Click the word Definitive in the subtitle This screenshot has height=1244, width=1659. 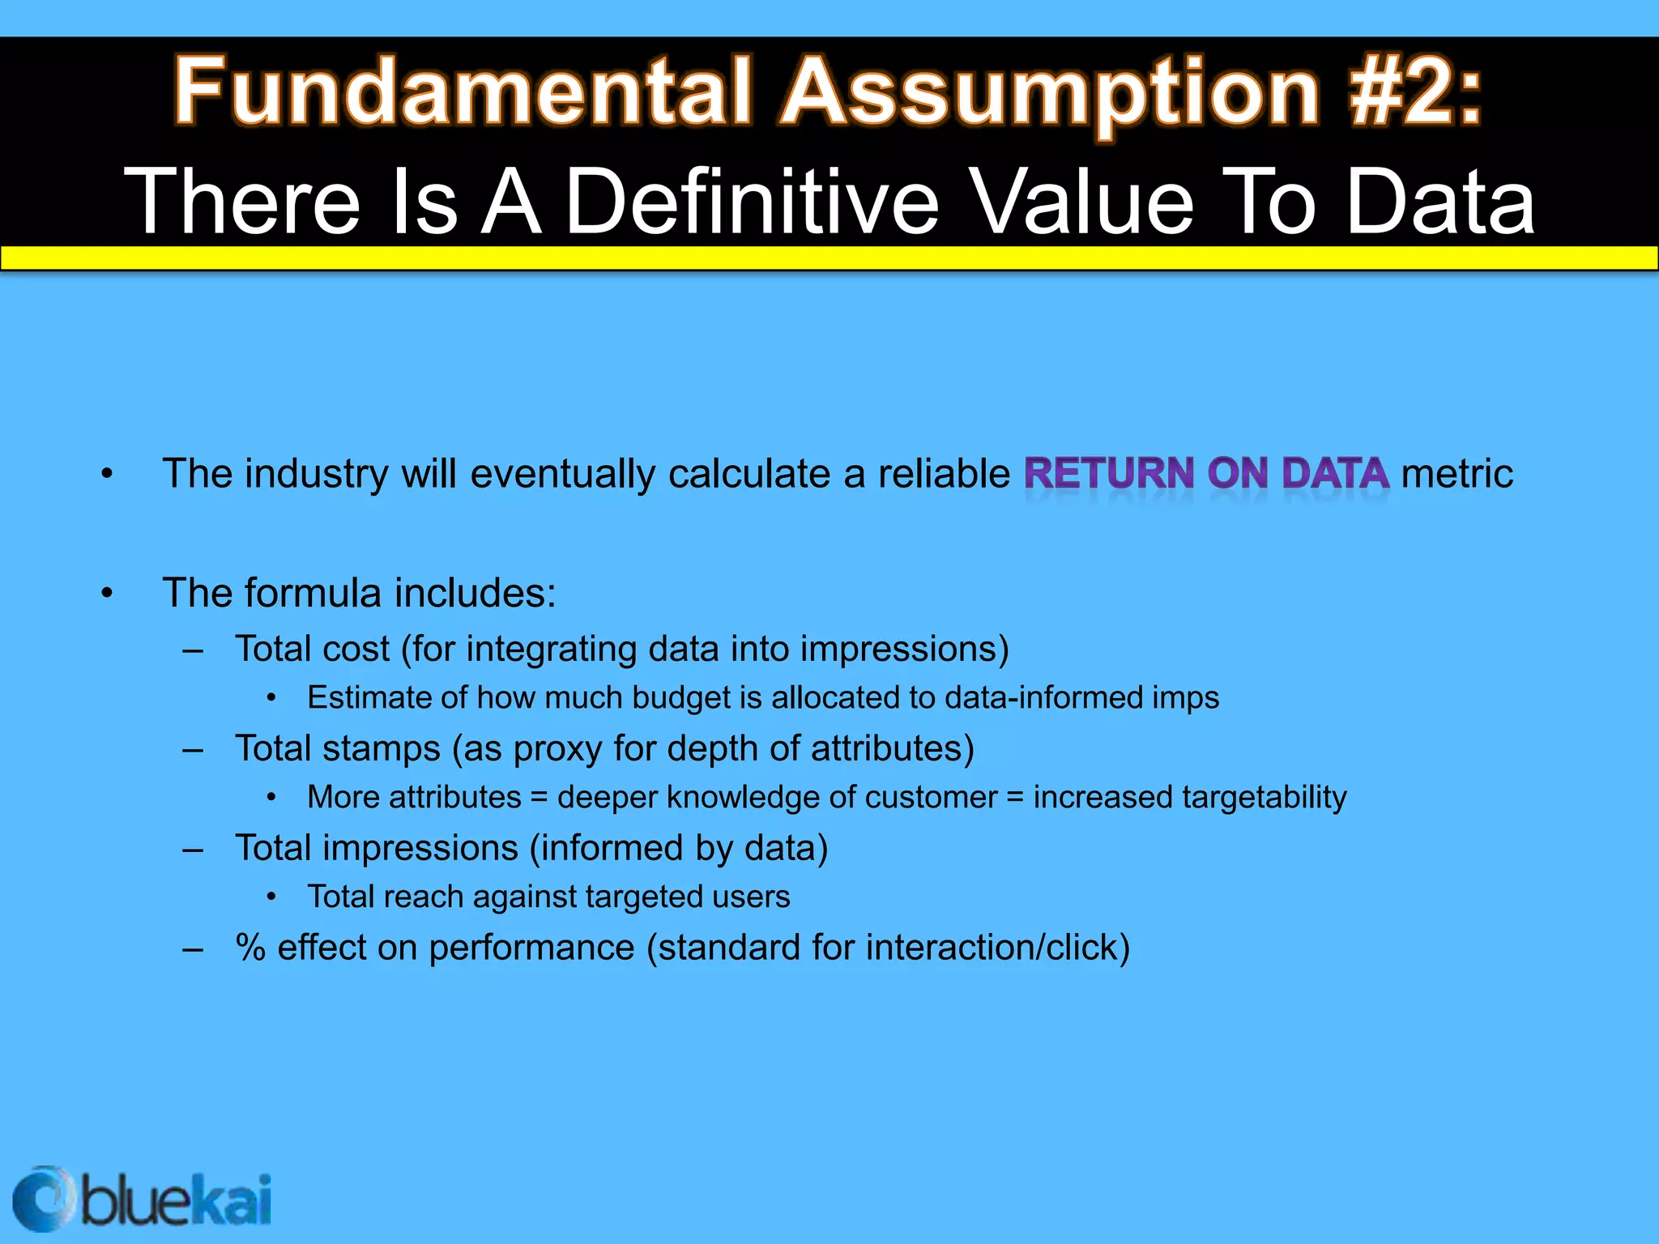click(752, 201)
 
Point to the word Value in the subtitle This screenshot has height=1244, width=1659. click(1081, 201)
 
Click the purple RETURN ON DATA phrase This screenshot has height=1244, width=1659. click(1206, 474)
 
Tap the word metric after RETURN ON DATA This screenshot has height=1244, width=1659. click(1456, 474)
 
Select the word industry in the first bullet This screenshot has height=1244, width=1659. click(316, 474)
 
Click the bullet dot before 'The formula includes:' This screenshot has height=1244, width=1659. click(107, 594)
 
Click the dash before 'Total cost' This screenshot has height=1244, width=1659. click(193, 650)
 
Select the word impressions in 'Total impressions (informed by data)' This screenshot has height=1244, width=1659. click(420, 848)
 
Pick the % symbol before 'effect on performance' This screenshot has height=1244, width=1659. click(250, 948)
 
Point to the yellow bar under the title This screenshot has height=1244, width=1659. click(829, 258)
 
